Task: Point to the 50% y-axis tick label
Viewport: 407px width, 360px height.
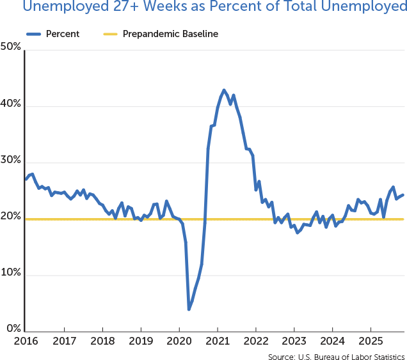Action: click(12, 48)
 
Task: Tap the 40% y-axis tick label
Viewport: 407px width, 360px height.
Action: click(12, 104)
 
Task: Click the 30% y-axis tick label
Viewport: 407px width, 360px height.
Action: click(12, 160)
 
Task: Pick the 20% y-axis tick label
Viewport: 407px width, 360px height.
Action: click(12, 217)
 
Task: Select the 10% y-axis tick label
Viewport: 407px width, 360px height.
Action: click(12, 273)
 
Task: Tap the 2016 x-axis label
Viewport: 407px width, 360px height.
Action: click(26, 341)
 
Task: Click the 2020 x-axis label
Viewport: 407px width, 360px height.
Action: click(179, 341)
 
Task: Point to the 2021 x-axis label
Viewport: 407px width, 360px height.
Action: click(218, 341)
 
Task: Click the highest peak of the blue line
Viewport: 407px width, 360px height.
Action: click(223, 90)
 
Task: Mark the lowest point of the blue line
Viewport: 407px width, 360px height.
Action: click(189, 309)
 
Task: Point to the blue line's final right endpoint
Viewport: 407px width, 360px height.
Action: click(403, 195)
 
